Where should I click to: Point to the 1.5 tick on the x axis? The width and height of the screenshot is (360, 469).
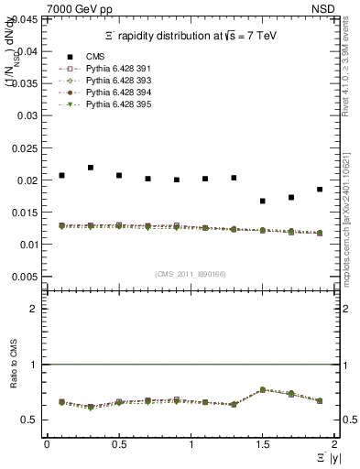point(262,444)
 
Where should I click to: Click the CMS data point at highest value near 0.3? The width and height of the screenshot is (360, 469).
point(91,168)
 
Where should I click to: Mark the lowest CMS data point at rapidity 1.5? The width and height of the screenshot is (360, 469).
point(263,201)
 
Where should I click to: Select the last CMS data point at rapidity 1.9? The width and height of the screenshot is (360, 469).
point(320,190)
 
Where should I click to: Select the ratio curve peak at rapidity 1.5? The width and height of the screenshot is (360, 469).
point(263,389)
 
